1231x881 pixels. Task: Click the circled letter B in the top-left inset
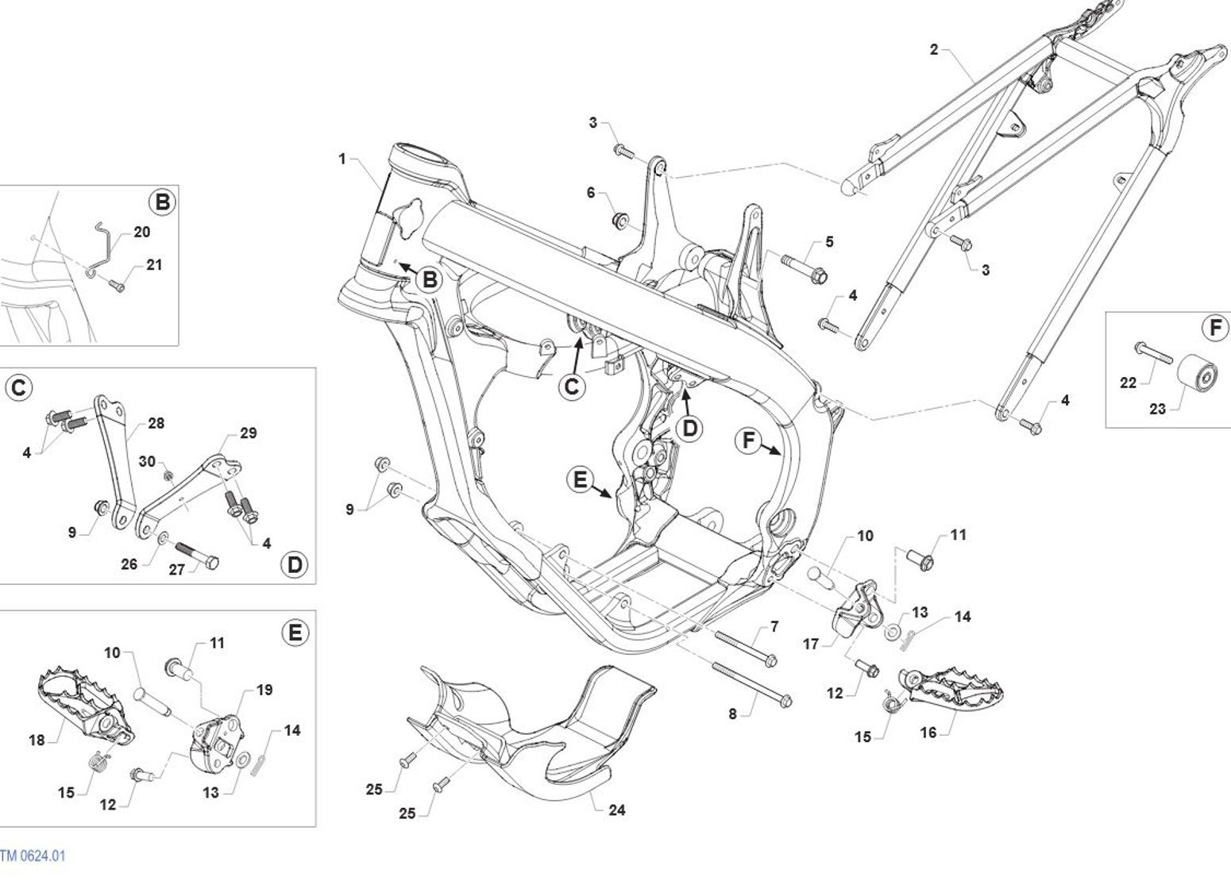(x=162, y=202)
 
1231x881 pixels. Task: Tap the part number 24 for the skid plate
(x=616, y=810)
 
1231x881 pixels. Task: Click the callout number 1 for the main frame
(x=342, y=159)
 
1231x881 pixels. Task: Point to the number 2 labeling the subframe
(x=934, y=49)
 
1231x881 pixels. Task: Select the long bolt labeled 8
(x=752, y=685)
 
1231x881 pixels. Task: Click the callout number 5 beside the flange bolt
(x=829, y=241)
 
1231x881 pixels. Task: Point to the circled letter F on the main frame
(x=748, y=440)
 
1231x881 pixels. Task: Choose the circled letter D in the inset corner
(x=295, y=564)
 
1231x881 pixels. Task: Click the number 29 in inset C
(x=249, y=433)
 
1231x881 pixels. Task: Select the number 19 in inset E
(x=264, y=690)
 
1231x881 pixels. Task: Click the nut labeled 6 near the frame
(x=621, y=221)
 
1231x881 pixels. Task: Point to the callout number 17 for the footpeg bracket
(x=811, y=644)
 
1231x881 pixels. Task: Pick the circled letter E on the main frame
(x=581, y=479)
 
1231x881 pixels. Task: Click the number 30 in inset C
(x=147, y=461)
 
